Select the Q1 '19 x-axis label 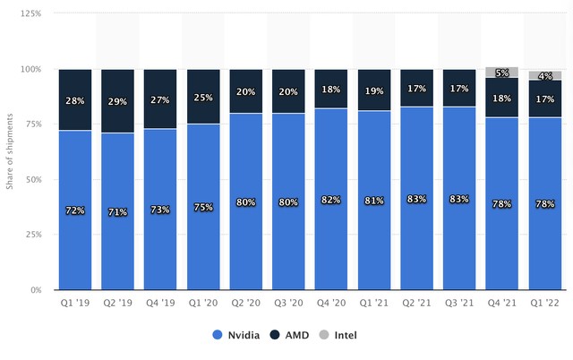pos(75,304)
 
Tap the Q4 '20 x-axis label pos(332,304)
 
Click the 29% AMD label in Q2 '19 pos(118,104)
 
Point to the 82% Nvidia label pos(332,200)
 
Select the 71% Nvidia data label pos(118,210)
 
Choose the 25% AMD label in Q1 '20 pos(204,97)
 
